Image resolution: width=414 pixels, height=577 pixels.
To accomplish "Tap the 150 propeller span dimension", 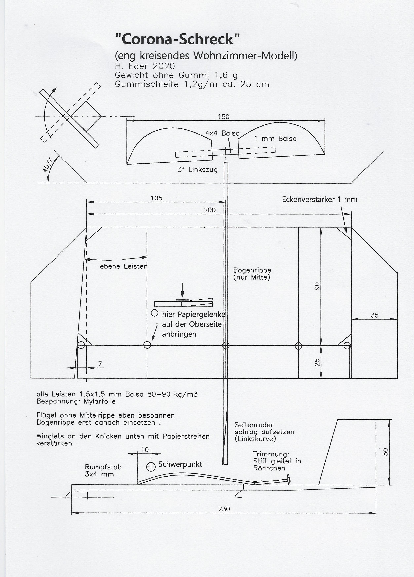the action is (224, 117).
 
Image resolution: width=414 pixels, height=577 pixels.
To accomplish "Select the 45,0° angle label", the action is (47, 165).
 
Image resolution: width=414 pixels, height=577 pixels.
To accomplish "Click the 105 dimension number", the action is (156, 198).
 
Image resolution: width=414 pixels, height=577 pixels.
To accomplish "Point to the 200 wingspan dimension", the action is (210, 210).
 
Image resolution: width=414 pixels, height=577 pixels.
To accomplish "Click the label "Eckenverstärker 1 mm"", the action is (320, 199).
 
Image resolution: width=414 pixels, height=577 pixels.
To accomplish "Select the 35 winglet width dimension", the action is (375, 315).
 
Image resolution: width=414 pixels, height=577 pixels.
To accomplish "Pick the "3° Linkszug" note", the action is (198, 170).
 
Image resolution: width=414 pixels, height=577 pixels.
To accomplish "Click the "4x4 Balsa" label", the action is (223, 133).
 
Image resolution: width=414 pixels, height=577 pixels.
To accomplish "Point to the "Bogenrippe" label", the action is (252, 270).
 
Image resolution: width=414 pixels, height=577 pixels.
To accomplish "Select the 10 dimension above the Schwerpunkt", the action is (145, 450).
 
